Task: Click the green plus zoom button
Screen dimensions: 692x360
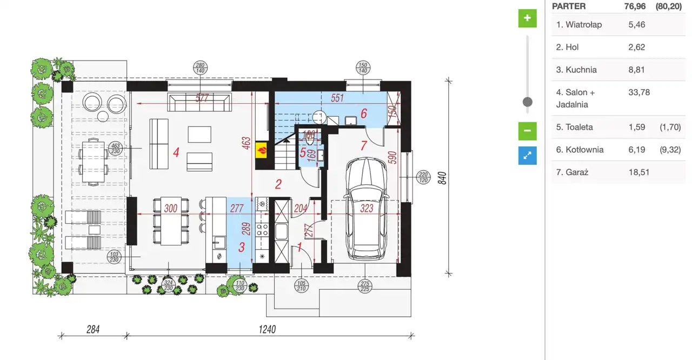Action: pos(527,18)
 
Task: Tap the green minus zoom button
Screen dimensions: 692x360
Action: pos(527,131)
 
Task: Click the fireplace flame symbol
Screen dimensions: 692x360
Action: pos(262,150)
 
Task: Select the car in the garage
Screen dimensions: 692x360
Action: pos(366,209)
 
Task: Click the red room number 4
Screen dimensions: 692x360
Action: pos(176,152)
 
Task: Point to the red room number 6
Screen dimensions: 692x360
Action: pos(364,114)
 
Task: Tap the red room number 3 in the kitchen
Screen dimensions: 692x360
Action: pos(242,247)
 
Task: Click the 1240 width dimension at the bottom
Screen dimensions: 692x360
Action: pos(267,329)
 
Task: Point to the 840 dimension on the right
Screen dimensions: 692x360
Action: pos(442,178)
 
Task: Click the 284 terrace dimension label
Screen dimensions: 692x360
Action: pos(93,329)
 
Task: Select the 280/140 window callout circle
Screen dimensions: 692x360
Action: pos(200,68)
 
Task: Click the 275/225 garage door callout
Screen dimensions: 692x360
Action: pos(365,286)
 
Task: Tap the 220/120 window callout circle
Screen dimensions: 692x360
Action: pos(423,177)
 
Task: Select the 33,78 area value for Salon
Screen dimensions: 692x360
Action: pos(639,92)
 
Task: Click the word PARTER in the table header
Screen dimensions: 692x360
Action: pos(569,6)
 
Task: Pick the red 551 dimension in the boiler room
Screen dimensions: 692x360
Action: pos(337,98)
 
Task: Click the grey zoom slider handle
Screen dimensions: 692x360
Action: pos(527,102)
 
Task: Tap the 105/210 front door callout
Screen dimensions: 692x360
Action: pos(301,286)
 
